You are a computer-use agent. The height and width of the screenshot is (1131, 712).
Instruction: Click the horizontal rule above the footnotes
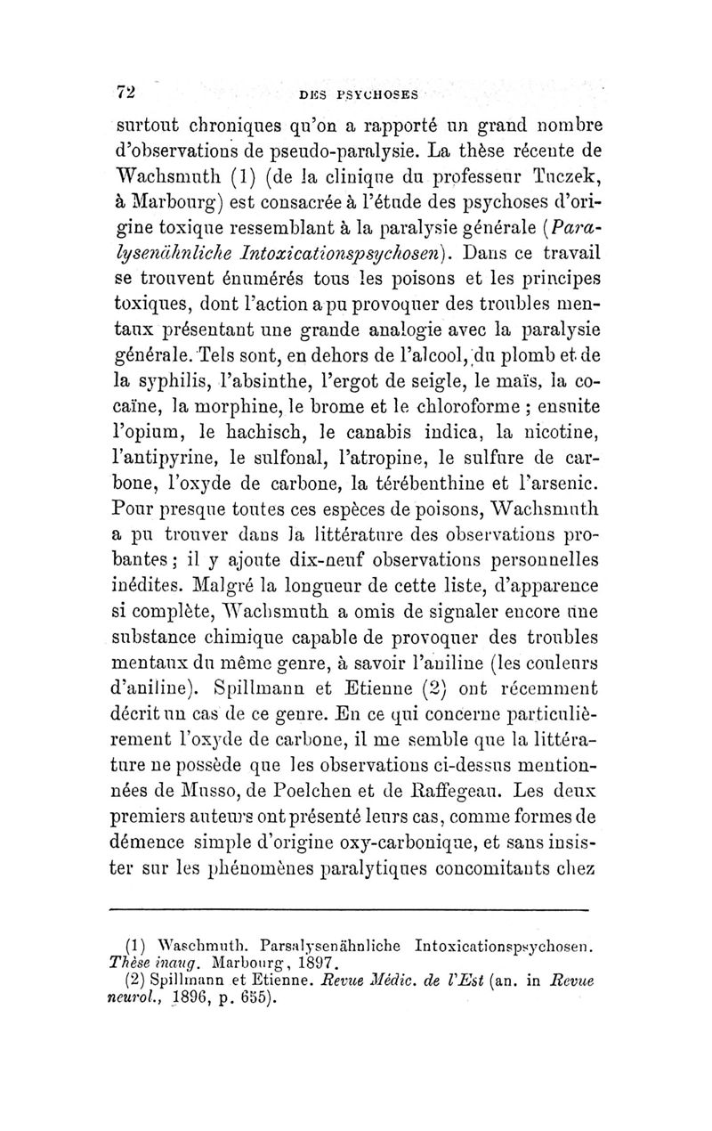click(x=349, y=910)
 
